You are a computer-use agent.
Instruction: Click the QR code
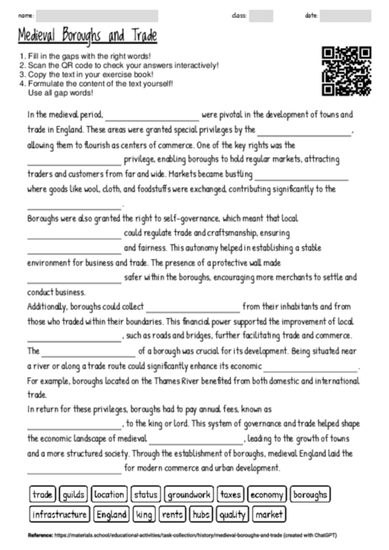click(348, 72)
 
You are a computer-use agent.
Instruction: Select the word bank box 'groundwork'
click(188, 493)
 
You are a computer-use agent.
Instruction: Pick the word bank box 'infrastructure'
click(59, 514)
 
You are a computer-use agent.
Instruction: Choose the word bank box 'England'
click(112, 514)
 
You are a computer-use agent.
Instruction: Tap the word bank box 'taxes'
click(231, 493)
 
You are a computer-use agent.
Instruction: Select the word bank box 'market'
click(269, 514)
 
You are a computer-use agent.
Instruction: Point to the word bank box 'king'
click(145, 514)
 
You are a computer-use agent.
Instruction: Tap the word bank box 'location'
click(109, 493)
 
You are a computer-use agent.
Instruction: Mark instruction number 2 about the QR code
click(118, 65)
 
